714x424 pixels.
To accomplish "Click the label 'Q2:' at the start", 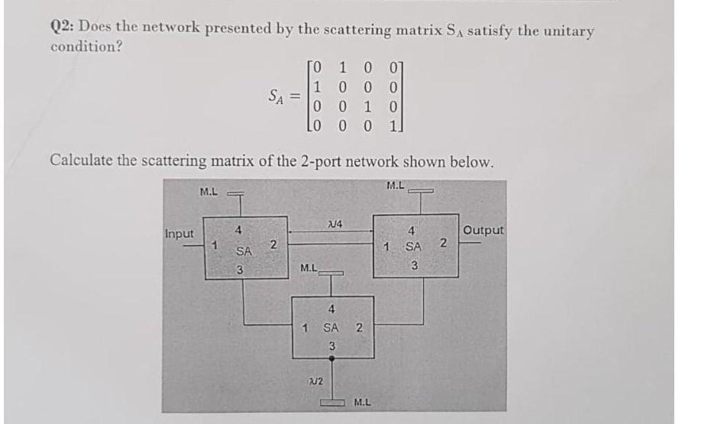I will pos(62,28).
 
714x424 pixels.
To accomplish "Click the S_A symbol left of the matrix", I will pos(279,97).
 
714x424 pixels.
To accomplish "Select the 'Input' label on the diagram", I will pos(179,233).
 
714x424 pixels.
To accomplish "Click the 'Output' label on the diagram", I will pos(483,230).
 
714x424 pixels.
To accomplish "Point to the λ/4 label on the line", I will pos(332,222).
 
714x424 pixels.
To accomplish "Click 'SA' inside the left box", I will pos(244,251).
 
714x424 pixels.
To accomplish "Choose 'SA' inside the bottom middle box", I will pos(331,328).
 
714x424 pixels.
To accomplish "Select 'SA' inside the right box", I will pos(413,247).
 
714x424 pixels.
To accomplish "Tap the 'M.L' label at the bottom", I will pos(363,400).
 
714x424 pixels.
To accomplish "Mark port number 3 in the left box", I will pos(239,269).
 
